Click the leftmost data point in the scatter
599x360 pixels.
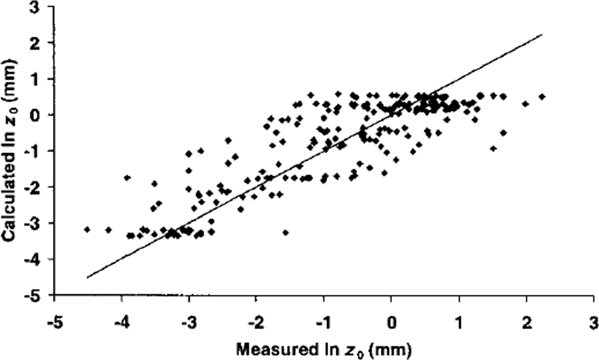coord(87,230)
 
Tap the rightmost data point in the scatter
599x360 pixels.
coord(542,97)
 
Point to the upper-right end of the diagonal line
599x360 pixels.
coord(542,34)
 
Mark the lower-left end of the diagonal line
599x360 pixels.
coord(87,278)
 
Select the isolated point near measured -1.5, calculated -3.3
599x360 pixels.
coord(286,233)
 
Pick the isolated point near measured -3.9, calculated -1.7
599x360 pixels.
coord(127,177)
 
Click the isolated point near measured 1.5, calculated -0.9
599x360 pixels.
coord(493,148)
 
